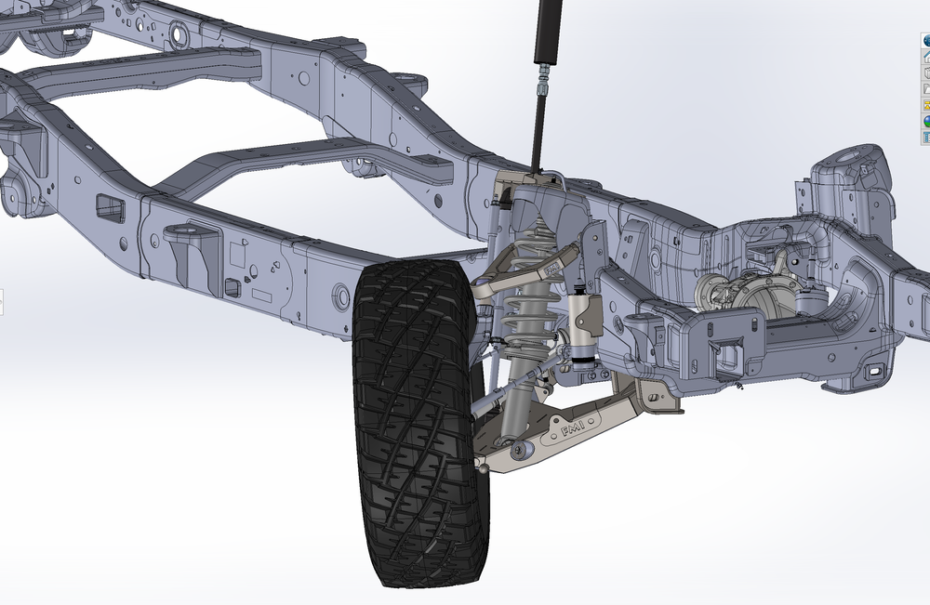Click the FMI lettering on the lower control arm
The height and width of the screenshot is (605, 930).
(575, 428)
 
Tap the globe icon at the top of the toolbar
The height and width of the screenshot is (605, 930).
(926, 40)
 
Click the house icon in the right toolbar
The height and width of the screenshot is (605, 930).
(926, 56)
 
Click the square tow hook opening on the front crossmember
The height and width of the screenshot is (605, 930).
(725, 354)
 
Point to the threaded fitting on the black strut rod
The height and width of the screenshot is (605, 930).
(541, 85)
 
